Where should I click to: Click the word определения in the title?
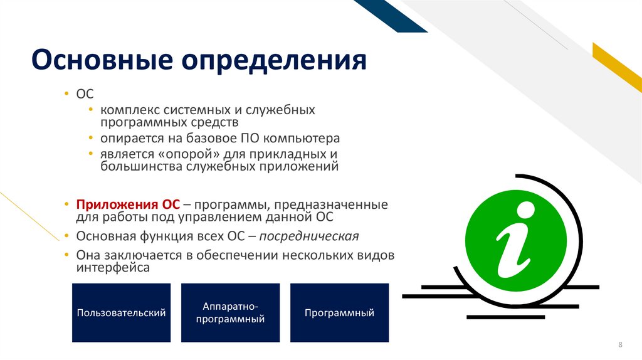pos(274,62)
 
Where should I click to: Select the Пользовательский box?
pos(121,312)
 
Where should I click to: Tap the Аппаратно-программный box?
pos(230,312)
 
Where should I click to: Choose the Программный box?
pos(339,312)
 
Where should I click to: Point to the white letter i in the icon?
pos(515,242)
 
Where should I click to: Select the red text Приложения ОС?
pos(128,204)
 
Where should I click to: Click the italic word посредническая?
pos(309,236)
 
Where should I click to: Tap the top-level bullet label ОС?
pos(85,93)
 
